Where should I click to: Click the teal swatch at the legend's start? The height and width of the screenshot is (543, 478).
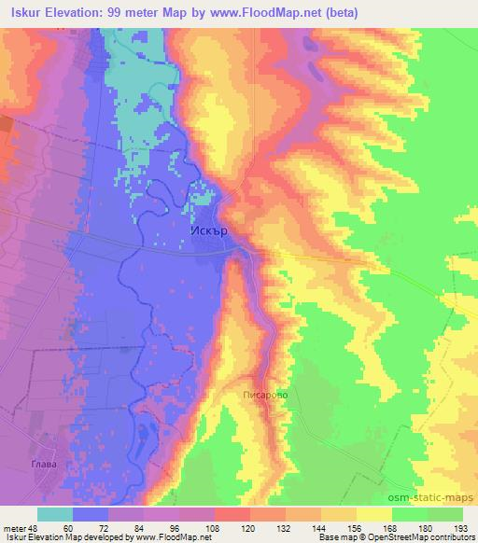(55, 514)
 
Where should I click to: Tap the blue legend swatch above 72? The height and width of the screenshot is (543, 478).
(91, 514)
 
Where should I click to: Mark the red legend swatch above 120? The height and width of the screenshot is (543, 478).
(232, 514)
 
